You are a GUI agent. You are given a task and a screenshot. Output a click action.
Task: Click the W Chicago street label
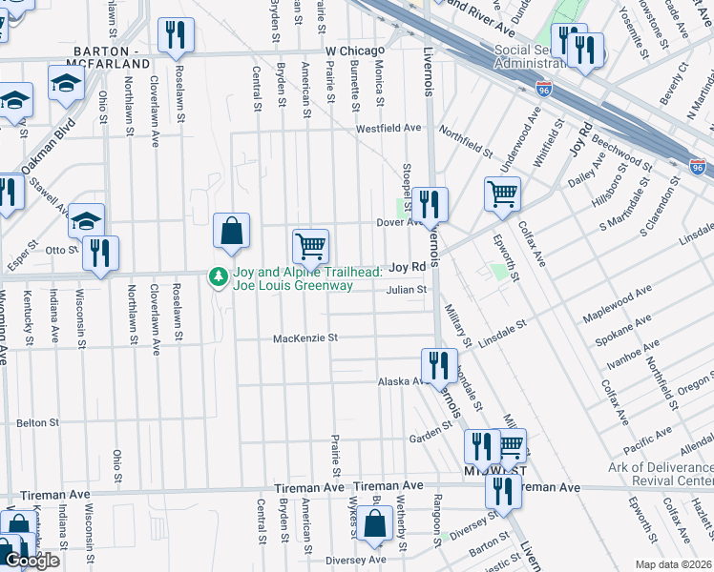(x=354, y=50)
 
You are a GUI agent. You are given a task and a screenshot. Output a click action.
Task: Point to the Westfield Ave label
(x=388, y=128)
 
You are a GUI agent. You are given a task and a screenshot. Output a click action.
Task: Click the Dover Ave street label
(x=398, y=222)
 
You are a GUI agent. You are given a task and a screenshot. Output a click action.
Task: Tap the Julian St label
(x=406, y=290)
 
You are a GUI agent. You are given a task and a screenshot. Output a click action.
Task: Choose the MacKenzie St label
(x=305, y=337)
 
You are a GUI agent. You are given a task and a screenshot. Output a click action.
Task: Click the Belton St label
(x=37, y=421)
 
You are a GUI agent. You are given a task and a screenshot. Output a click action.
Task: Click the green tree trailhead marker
(x=219, y=276)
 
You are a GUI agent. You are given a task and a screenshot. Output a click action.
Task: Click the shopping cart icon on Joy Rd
(x=310, y=246)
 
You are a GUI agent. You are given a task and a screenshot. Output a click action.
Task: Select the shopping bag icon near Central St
(x=231, y=230)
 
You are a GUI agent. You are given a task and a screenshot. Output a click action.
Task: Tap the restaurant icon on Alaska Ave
(x=439, y=365)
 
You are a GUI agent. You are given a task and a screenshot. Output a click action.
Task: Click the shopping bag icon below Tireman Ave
(x=377, y=522)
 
